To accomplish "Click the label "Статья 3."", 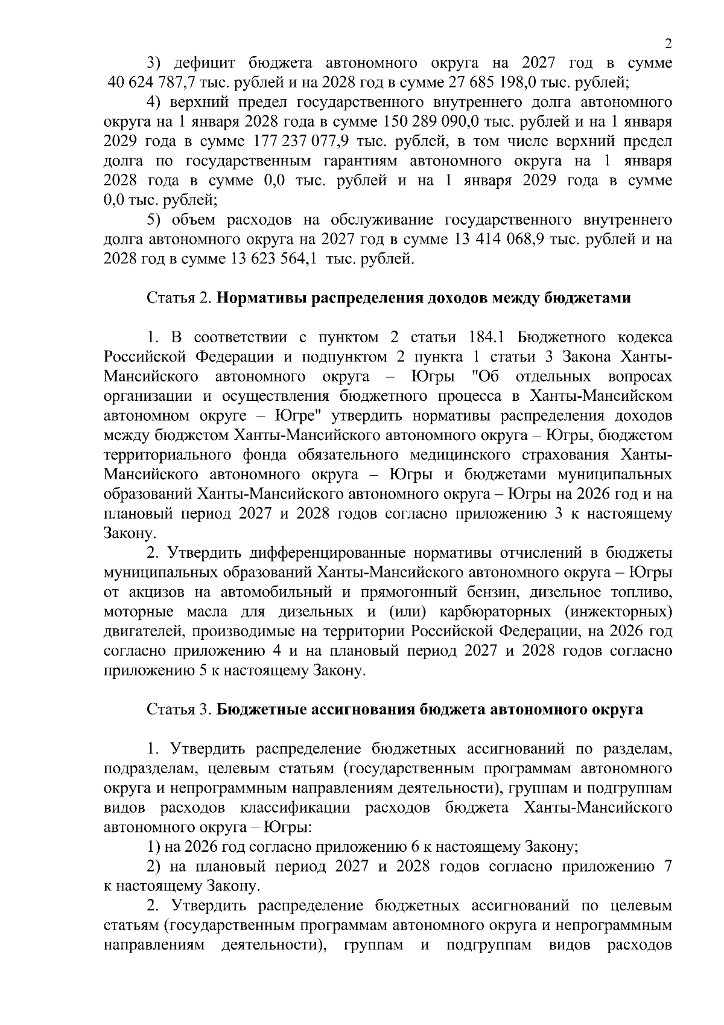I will [179, 710].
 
